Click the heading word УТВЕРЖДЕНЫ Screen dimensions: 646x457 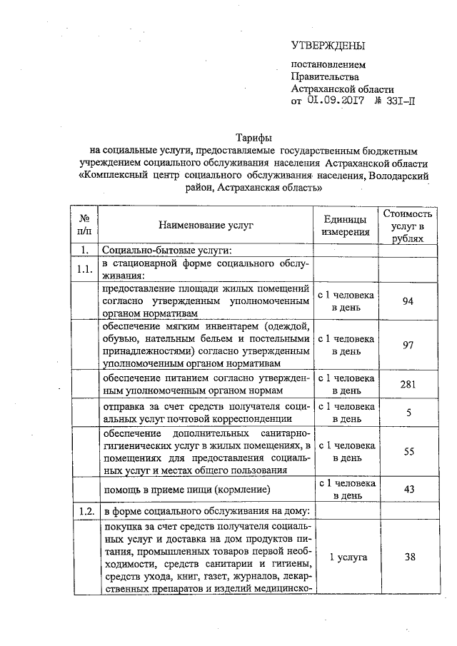pyautogui.click(x=328, y=47)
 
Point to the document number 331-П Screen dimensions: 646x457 pyautogui.click(x=397, y=101)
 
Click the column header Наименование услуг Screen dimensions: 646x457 pyautogui.click(x=206, y=225)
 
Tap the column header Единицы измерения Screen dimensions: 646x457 pyautogui.click(x=346, y=225)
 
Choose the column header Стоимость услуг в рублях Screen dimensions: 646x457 pyautogui.click(x=408, y=225)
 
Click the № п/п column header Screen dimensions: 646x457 pyautogui.click(x=84, y=225)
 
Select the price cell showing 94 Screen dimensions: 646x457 pyautogui.click(x=408, y=301)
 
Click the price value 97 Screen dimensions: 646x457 pyautogui.click(x=408, y=345)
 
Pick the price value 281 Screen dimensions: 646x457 pyautogui.click(x=408, y=384)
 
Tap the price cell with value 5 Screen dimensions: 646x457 pyautogui.click(x=408, y=413)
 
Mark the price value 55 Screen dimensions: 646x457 pyautogui.click(x=408, y=452)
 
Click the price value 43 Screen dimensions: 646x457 pyautogui.click(x=408, y=489)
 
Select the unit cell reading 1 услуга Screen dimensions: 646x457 pyautogui.click(x=346, y=557)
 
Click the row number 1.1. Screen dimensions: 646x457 pyautogui.click(x=85, y=270)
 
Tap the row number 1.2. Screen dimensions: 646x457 pyautogui.click(x=85, y=511)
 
